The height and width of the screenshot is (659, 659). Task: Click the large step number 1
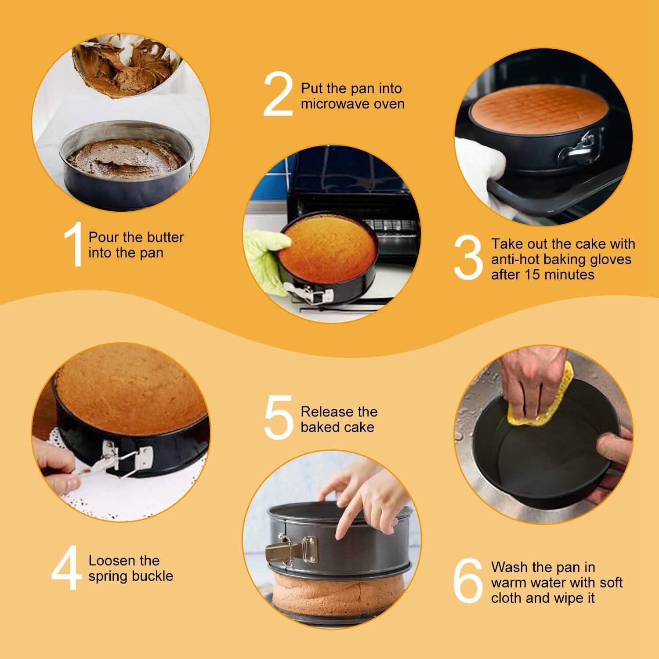(74, 245)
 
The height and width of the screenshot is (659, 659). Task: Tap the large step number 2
(278, 95)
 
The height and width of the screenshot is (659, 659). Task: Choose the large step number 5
(278, 418)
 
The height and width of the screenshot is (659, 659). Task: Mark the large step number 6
(468, 581)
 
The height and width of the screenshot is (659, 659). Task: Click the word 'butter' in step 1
(163, 237)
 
